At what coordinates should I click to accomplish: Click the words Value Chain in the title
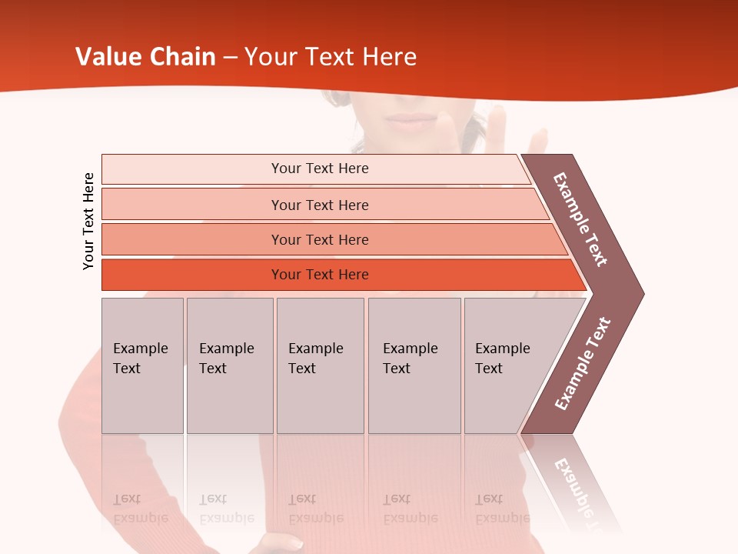click(145, 57)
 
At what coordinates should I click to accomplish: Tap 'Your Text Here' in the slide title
click(331, 57)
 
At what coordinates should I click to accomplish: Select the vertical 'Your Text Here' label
click(88, 221)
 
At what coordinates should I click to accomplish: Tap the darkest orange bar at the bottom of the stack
click(192, 275)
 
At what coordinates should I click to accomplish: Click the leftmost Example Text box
click(142, 365)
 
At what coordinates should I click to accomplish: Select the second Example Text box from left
click(230, 365)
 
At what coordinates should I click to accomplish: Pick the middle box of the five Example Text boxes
click(320, 365)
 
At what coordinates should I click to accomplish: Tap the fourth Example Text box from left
click(414, 365)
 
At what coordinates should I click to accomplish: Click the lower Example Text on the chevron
click(583, 363)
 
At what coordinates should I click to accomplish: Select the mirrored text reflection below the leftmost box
click(141, 509)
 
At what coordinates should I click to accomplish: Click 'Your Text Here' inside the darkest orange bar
click(320, 275)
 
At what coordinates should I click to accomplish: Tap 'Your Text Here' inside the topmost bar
click(320, 169)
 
